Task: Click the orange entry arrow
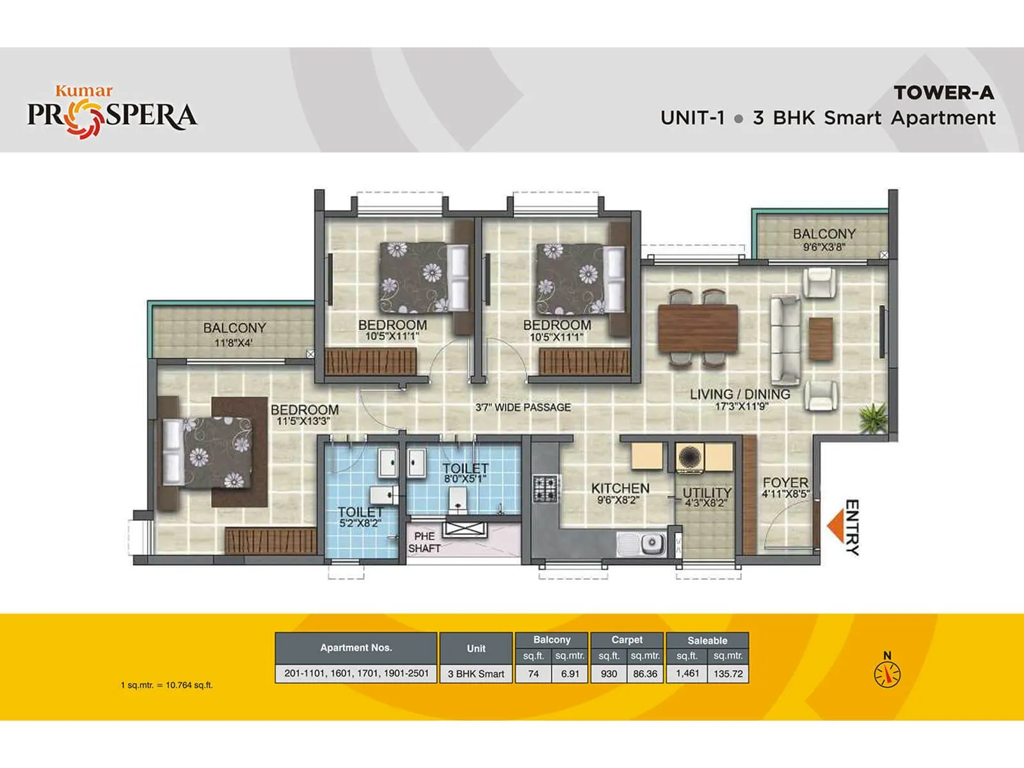click(834, 526)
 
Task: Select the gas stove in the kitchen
click(545, 488)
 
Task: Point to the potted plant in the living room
click(871, 419)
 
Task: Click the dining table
click(698, 328)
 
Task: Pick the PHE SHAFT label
click(424, 542)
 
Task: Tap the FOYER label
click(785, 483)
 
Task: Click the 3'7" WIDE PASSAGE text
click(523, 407)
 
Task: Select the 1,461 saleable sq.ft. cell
click(687, 673)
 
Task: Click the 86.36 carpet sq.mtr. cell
click(645, 673)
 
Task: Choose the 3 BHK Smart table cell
click(476, 674)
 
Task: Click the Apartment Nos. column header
click(356, 648)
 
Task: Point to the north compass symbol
click(887, 673)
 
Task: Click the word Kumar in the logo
click(84, 91)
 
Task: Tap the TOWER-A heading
click(944, 93)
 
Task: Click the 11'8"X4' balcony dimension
click(234, 343)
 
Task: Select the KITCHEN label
click(620, 488)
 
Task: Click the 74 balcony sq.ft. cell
click(533, 673)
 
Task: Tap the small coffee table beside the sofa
click(820, 339)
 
